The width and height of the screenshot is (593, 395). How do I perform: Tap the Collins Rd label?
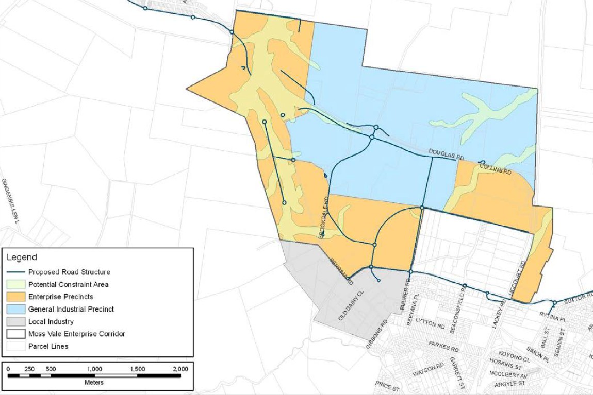495,169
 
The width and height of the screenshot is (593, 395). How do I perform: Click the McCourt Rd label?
517,278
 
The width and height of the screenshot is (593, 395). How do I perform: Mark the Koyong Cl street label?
515,358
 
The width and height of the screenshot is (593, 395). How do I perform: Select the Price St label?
387,385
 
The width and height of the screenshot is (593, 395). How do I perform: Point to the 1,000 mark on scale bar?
94,369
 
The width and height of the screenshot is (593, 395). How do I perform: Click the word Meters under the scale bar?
94,383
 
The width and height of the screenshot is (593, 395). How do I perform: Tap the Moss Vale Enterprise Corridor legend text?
76,334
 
